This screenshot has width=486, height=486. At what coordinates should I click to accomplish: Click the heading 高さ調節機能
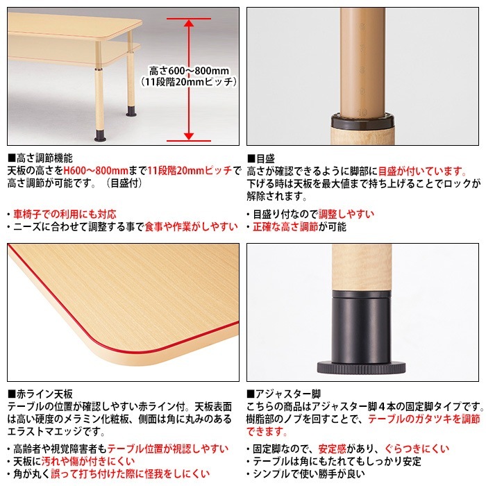pyautogui.click(x=43, y=158)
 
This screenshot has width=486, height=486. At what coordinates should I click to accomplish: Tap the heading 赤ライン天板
pyautogui.click(x=43, y=394)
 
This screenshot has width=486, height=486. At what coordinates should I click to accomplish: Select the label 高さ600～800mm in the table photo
pyautogui.click(x=189, y=70)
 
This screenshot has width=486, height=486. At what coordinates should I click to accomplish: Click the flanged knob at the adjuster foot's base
pyautogui.click(x=362, y=367)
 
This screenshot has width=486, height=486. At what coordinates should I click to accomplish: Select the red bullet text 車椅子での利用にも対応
pyautogui.click(x=65, y=214)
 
